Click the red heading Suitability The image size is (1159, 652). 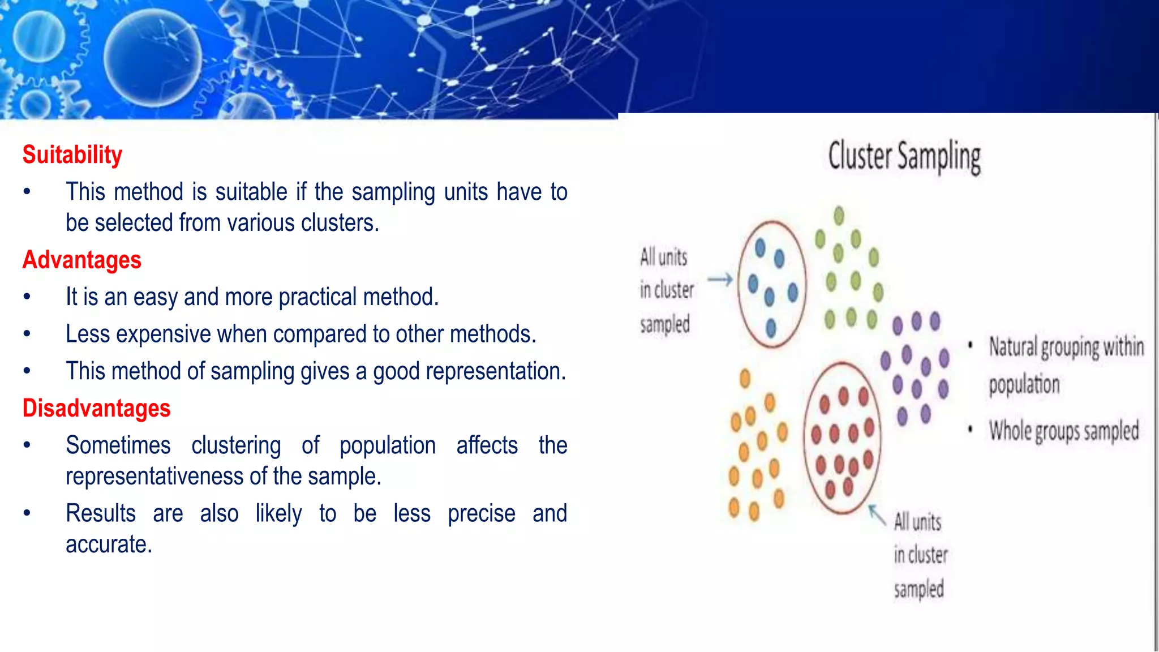click(72, 155)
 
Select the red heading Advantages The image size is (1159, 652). click(82, 260)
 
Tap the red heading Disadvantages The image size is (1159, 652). click(96, 409)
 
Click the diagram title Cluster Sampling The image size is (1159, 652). click(904, 157)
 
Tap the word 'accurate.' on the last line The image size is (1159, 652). click(109, 544)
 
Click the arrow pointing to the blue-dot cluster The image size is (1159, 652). click(720, 279)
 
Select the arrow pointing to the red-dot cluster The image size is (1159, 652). click(877, 515)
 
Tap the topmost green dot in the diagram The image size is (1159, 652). click(839, 216)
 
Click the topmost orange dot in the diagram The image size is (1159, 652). click(745, 378)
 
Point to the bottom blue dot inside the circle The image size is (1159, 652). click(771, 327)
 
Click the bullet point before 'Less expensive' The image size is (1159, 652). click(27, 334)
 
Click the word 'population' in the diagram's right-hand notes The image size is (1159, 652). click(1024, 385)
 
